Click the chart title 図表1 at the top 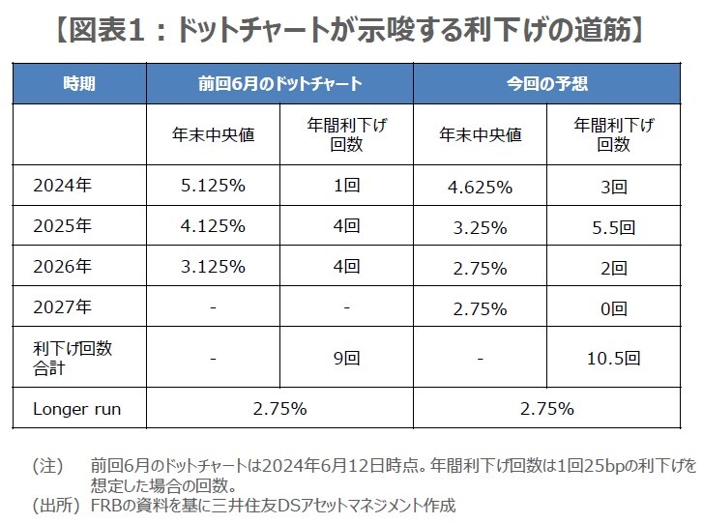click(350, 30)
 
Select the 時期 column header click(79, 83)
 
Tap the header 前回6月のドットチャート click(279, 83)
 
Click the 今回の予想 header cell click(547, 83)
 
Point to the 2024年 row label click(63, 186)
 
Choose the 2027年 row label click(63, 308)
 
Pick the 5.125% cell click(213, 186)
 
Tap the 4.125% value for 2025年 click(213, 227)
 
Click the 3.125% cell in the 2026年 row click(213, 268)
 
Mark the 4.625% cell click(480, 186)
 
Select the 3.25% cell click(480, 227)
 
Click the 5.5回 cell click(613, 227)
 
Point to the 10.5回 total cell click(613, 358)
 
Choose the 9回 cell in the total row click(346, 358)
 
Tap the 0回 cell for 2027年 click(613, 308)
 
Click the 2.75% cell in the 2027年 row click(480, 308)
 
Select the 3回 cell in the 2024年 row click(613, 186)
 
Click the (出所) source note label click(55, 505)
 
